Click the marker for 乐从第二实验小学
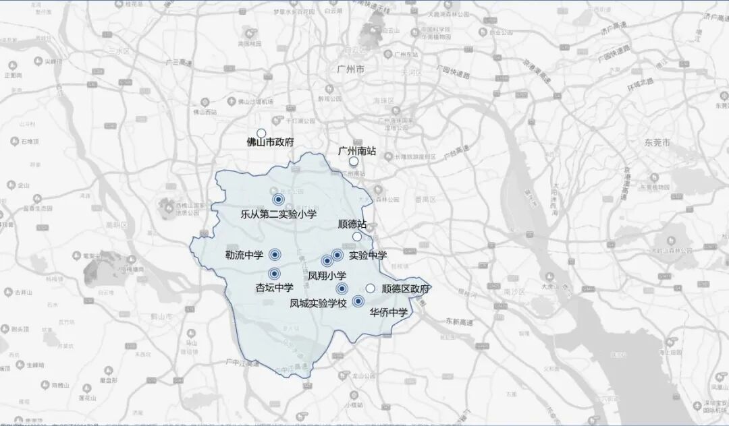pos(278,199)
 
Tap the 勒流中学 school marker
pos(275,254)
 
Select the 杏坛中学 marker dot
pos(274,274)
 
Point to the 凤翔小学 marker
pos(327,261)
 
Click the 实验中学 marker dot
pos(337,255)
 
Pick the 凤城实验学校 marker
pos(342,288)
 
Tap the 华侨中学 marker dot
pos(358,301)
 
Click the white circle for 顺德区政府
pos(371,288)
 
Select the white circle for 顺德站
pos(358,237)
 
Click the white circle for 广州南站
pos(354,162)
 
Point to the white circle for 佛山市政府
pos(261,133)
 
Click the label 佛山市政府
pos(270,143)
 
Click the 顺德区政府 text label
pos(406,288)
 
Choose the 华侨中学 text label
pos(389,312)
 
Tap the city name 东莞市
pos(657,144)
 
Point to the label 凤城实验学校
pos(318,303)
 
